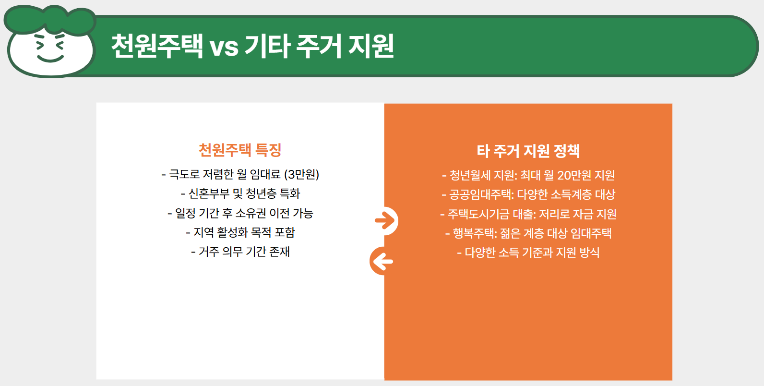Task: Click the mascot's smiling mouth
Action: [50, 59]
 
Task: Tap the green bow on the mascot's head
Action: [50, 19]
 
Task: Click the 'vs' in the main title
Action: [224, 47]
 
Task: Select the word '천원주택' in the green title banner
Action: [157, 46]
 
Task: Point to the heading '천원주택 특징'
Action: [240, 150]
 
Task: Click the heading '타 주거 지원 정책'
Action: [528, 151]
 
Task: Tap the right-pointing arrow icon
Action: [385, 221]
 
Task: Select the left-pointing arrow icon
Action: [382, 262]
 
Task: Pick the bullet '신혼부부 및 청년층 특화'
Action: [240, 193]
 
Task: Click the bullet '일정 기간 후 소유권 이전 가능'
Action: [240, 213]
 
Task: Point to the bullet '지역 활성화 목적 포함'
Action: [240, 232]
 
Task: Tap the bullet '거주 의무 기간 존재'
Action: [240, 252]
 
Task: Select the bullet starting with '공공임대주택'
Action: [528, 194]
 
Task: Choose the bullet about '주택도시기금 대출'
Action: [528, 214]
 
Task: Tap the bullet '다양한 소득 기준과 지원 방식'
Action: [528, 253]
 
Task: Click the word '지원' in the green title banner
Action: [371, 46]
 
